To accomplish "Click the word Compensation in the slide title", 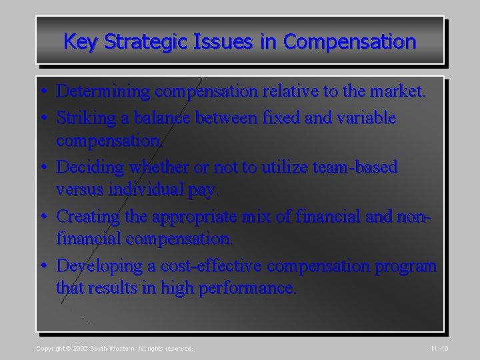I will pyautogui.click(x=349, y=42).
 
